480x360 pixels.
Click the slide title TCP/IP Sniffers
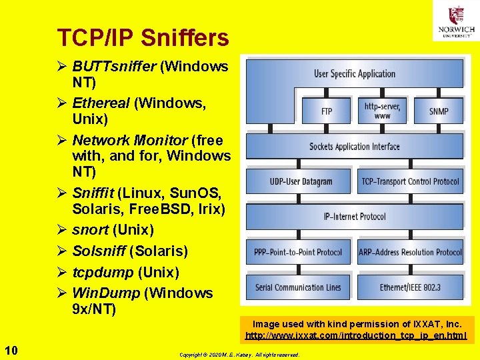tap(143, 38)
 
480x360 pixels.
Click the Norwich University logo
tap(456, 21)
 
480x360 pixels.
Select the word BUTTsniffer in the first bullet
tap(113, 67)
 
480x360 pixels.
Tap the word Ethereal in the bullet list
tap(101, 103)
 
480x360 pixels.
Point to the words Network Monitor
tap(129, 140)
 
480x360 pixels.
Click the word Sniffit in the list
tap(94, 193)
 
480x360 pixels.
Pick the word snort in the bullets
tap(90, 230)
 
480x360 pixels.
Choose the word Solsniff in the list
tap(99, 251)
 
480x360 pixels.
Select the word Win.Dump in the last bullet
tap(105, 293)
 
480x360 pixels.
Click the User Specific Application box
tap(355, 73)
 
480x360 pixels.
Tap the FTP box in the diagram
tap(327, 111)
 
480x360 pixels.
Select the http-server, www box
tap(382, 110)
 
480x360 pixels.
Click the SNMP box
tap(439, 111)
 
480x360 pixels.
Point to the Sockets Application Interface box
tap(355, 147)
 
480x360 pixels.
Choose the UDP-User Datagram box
tap(300, 181)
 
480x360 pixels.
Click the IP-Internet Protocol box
tap(355, 217)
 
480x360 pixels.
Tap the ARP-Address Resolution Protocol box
tap(410, 252)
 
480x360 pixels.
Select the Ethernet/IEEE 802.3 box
tap(410, 287)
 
